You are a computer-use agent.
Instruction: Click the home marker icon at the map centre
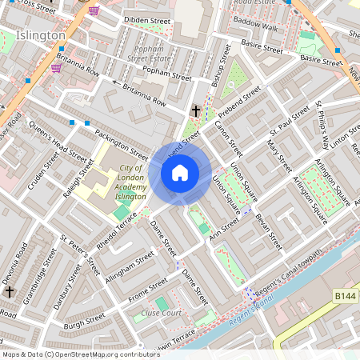180,173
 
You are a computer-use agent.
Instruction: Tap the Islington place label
41,36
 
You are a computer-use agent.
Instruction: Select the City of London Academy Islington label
127,182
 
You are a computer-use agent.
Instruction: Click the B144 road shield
345,297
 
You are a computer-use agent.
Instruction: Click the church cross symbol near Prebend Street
196,110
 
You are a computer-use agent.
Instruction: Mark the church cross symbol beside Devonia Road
9,291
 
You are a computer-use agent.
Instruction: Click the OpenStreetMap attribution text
80,354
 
